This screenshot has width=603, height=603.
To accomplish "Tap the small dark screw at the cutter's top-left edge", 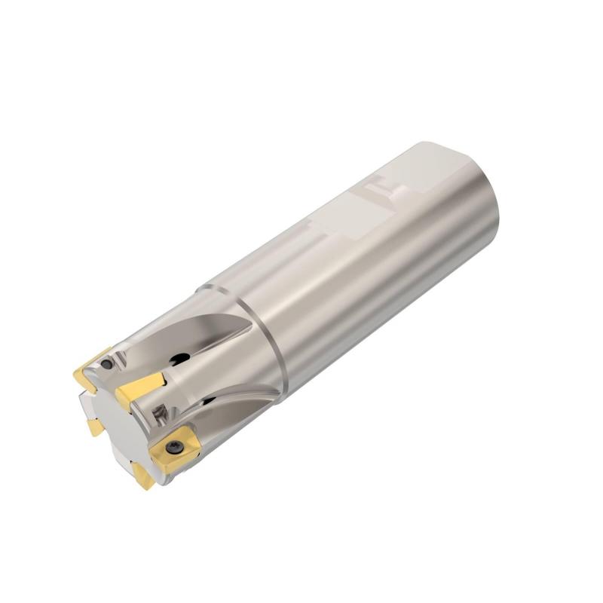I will coord(108,365).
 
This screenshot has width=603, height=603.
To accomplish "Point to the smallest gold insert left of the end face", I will coord(95,427).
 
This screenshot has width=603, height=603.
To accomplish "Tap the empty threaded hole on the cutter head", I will coord(160,412).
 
